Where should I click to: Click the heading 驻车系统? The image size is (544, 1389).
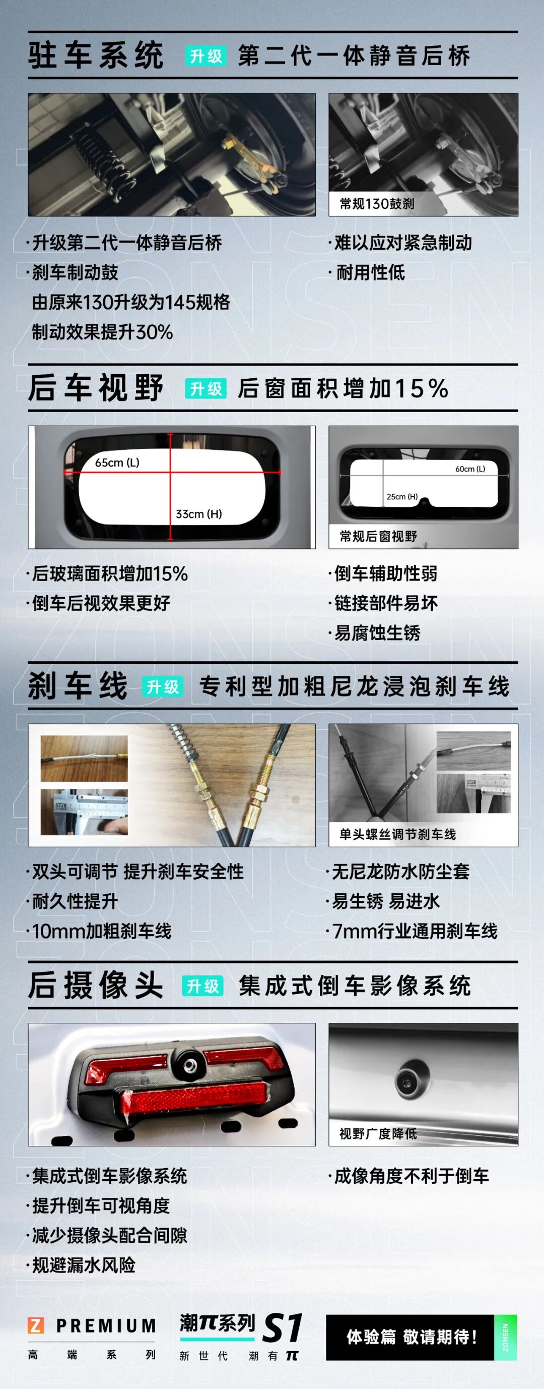coord(96,55)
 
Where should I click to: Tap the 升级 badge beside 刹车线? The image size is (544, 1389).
coord(163,686)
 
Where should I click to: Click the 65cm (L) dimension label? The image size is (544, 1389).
coord(117,462)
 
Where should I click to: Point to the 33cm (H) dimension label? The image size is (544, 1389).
coord(199,514)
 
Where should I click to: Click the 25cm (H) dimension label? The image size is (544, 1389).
coord(402,497)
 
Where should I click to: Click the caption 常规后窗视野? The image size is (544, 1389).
coord(378,536)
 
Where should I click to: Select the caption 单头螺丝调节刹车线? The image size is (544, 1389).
coord(397,834)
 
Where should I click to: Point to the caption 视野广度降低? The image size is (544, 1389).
coord(378,1133)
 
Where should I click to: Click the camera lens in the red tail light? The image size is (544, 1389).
coord(189,1064)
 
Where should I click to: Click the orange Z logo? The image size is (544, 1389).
coord(36,1325)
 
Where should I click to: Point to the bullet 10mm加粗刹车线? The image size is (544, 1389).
coord(101,931)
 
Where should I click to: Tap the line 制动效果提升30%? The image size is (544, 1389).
coord(102,331)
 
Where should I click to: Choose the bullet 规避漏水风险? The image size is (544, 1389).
coord(84,1265)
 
